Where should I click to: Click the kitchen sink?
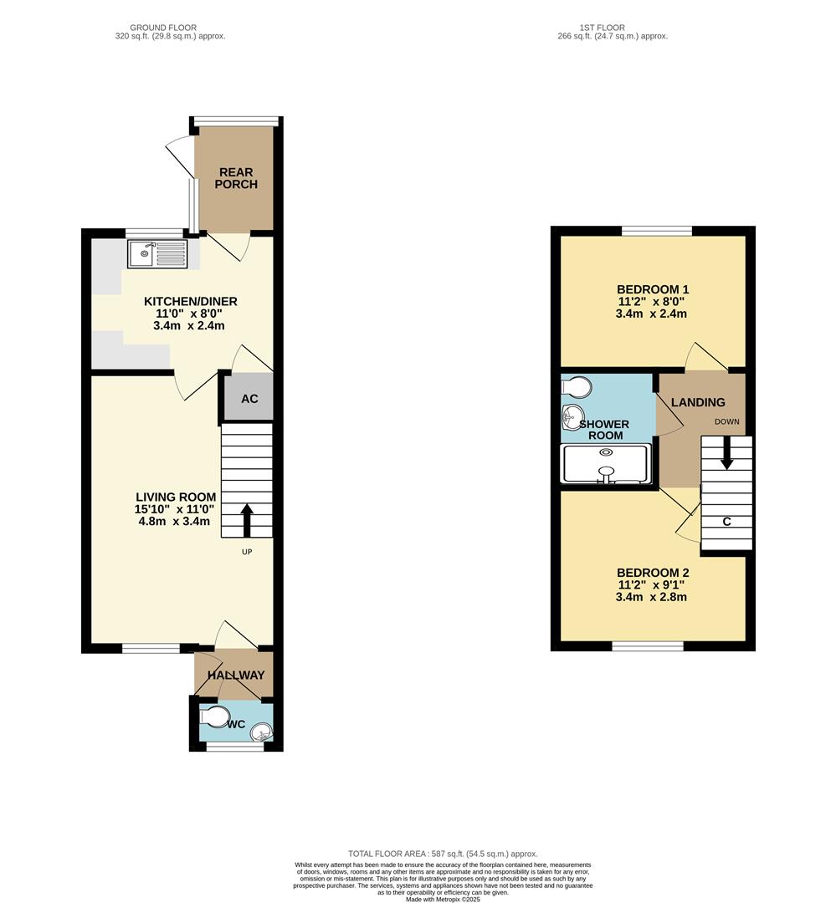coord(157,253)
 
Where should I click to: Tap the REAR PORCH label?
coord(236,178)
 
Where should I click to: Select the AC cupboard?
coord(249,399)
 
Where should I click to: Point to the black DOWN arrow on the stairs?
coord(726,454)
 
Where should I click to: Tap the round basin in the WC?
coord(261,732)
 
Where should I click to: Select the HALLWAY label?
coord(236,675)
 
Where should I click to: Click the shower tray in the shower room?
coord(606,464)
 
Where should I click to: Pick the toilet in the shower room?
coord(577,386)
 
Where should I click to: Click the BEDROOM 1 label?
coord(652,289)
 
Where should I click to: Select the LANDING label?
coord(701,402)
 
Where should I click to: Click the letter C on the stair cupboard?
coord(726,522)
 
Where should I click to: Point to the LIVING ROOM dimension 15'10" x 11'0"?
coord(176,508)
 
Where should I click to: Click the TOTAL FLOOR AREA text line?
coord(443,853)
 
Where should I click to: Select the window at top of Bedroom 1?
coord(656,231)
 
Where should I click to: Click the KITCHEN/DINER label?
coord(191,301)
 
